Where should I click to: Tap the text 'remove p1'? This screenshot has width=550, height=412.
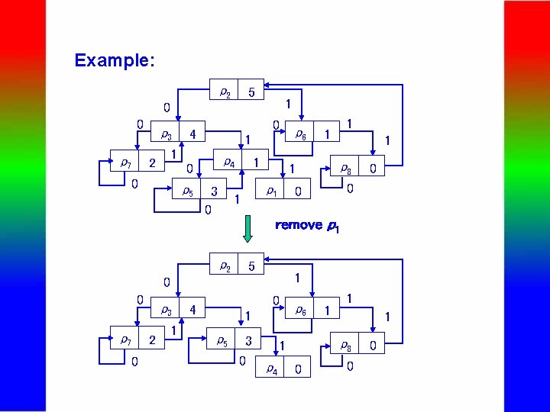(x=306, y=226)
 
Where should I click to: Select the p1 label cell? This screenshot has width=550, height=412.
(x=270, y=191)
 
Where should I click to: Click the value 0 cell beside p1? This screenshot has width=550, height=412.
(x=298, y=191)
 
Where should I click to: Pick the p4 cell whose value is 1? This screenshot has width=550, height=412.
(x=228, y=163)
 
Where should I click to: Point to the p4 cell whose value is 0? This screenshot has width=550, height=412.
(x=271, y=369)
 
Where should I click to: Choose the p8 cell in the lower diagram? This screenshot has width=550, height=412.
(x=345, y=346)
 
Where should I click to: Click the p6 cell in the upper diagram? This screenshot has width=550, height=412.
(x=301, y=134)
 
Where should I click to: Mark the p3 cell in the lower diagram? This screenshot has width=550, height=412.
(x=165, y=311)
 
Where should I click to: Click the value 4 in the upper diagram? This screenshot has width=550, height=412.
(x=193, y=134)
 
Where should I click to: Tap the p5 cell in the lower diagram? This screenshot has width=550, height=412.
(x=222, y=340)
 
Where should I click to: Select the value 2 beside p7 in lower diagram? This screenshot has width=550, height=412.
(x=152, y=340)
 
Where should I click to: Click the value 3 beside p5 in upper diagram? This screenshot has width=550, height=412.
(x=215, y=191)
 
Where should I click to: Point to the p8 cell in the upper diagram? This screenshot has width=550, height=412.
(x=345, y=169)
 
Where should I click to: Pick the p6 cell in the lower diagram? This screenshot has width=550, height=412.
(x=301, y=311)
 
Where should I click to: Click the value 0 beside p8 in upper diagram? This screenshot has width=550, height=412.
(x=373, y=169)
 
